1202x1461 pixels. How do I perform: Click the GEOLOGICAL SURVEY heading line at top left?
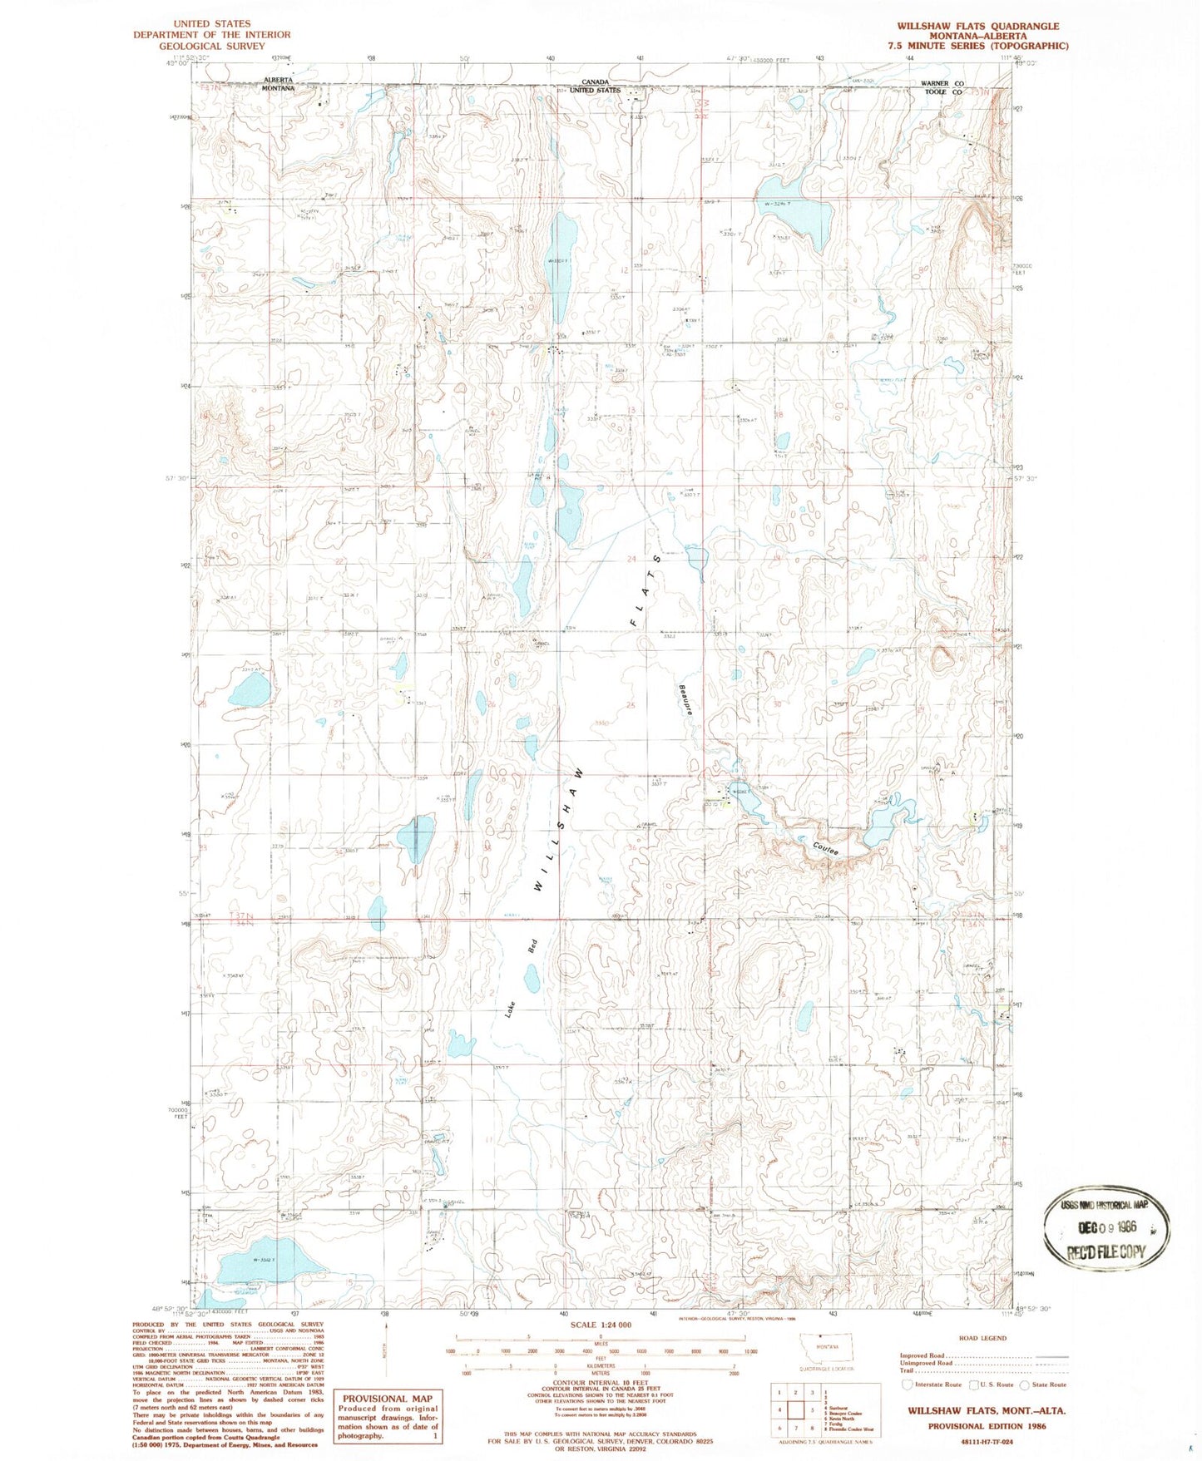coord(211,46)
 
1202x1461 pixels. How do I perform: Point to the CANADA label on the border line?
coord(595,81)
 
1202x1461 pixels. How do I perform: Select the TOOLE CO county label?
coord(942,92)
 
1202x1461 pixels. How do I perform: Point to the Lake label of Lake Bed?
coord(510,1008)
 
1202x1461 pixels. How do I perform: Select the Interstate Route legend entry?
coord(934,1384)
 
